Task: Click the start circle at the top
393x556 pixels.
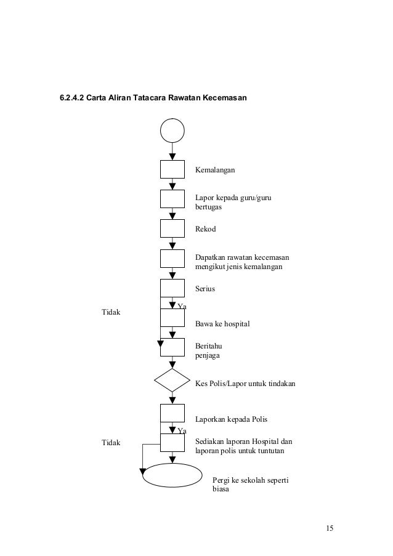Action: click(172, 131)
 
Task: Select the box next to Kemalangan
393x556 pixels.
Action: click(172, 169)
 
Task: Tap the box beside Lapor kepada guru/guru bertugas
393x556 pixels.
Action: click(172, 199)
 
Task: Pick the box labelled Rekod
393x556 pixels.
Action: click(172, 228)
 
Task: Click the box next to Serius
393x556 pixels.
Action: click(172, 288)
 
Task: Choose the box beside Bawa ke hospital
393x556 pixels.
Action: click(172, 318)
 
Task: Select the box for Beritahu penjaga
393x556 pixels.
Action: click(172, 347)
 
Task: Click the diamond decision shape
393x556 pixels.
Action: click(172, 381)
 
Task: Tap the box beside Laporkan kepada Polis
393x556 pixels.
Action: click(172, 413)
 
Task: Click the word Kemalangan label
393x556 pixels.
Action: click(216, 169)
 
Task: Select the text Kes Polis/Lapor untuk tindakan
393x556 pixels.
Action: click(245, 384)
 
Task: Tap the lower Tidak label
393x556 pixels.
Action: click(111, 443)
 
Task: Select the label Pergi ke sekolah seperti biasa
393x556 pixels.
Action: click(250, 485)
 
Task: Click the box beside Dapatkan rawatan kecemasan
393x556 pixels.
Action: click(172, 259)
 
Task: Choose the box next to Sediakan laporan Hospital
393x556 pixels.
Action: click(172, 443)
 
